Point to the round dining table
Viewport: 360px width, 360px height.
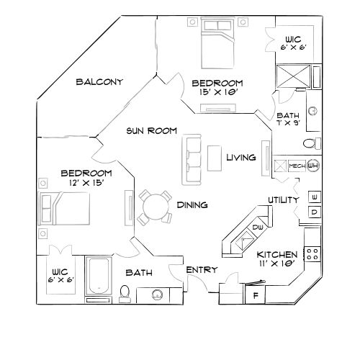[156, 207]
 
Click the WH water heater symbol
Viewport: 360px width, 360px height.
[312, 166]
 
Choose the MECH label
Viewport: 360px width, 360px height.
[295, 166]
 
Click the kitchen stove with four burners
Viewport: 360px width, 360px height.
[313, 253]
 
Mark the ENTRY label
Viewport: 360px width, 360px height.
[202, 269]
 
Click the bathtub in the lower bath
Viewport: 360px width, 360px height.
[97, 273]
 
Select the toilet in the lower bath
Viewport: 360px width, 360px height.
[125, 292]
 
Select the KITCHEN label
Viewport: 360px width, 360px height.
[277, 255]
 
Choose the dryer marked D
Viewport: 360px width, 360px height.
[315, 212]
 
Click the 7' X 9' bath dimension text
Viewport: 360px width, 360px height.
[289, 125]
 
